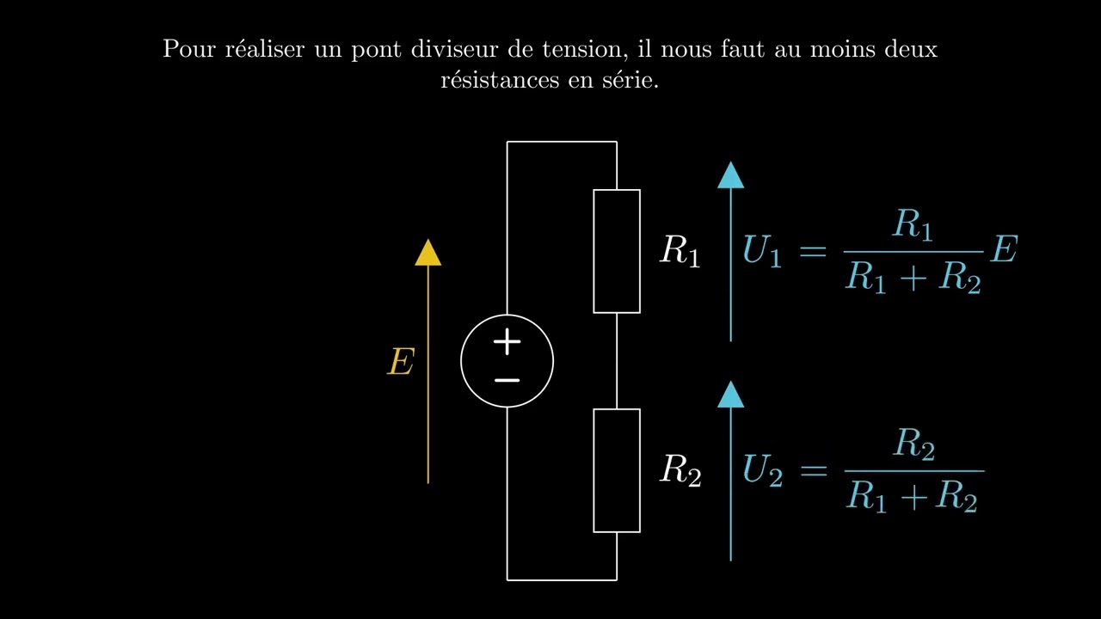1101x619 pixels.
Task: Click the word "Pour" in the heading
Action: tap(188, 49)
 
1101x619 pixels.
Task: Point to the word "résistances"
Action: tap(500, 80)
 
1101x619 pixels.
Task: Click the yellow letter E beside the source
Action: tap(401, 362)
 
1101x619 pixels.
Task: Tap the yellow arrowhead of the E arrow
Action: tap(427, 253)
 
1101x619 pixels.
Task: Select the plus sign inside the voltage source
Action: tap(507, 341)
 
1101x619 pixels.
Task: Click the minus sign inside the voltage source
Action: tap(507, 380)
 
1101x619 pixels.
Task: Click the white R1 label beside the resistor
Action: tap(680, 250)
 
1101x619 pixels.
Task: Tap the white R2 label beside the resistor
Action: tap(680, 470)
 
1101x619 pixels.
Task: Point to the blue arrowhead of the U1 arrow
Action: tap(730, 175)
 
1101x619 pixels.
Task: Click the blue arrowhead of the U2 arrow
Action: tap(730, 395)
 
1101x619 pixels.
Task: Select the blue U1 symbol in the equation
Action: tap(762, 250)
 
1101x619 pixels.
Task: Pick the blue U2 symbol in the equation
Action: tap(762, 470)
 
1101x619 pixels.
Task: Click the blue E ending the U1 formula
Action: tap(1004, 249)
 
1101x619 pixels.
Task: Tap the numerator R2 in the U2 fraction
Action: tap(913, 444)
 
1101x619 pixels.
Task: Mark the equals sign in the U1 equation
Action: tap(814, 252)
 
